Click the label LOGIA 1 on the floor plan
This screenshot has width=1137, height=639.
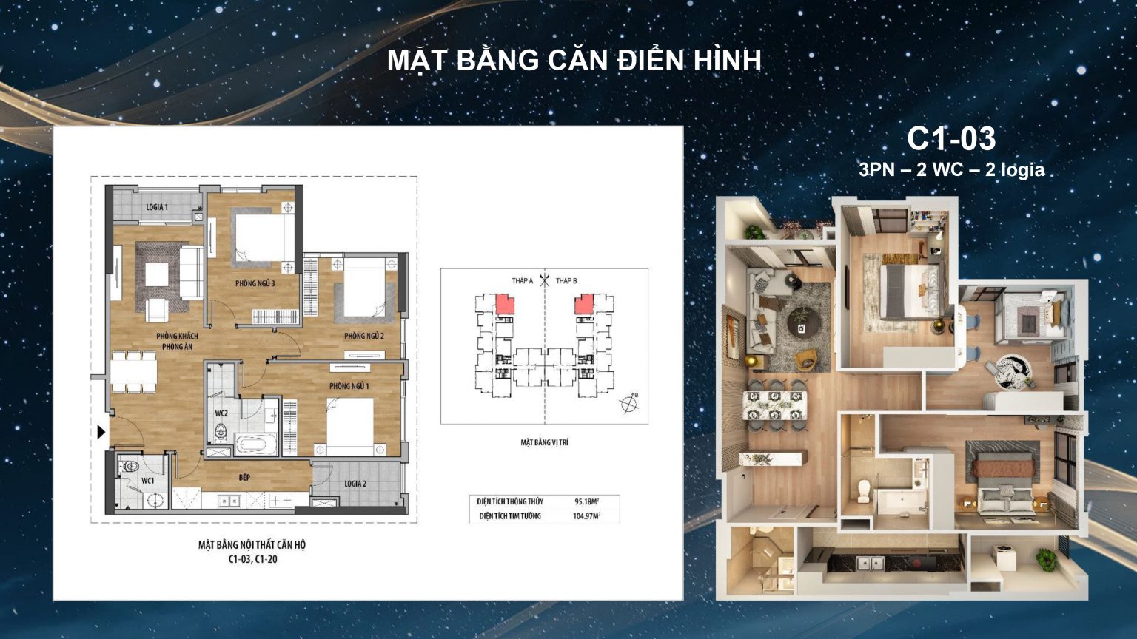click(156, 207)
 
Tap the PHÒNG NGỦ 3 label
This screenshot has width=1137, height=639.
click(255, 283)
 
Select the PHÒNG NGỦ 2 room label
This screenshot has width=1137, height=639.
click(363, 336)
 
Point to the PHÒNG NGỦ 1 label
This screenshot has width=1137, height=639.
click(349, 386)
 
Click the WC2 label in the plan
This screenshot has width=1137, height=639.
click(221, 413)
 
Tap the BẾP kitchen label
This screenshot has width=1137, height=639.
click(244, 478)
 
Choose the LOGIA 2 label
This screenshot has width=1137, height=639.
click(355, 484)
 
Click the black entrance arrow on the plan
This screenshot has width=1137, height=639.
click(101, 432)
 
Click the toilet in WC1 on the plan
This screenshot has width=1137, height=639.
click(130, 467)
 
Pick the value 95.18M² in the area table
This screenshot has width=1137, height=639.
click(586, 501)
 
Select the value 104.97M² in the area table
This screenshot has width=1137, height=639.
click(586, 516)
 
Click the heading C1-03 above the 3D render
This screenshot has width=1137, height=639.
click(951, 138)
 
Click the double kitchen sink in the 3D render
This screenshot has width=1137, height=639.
click(871, 564)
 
